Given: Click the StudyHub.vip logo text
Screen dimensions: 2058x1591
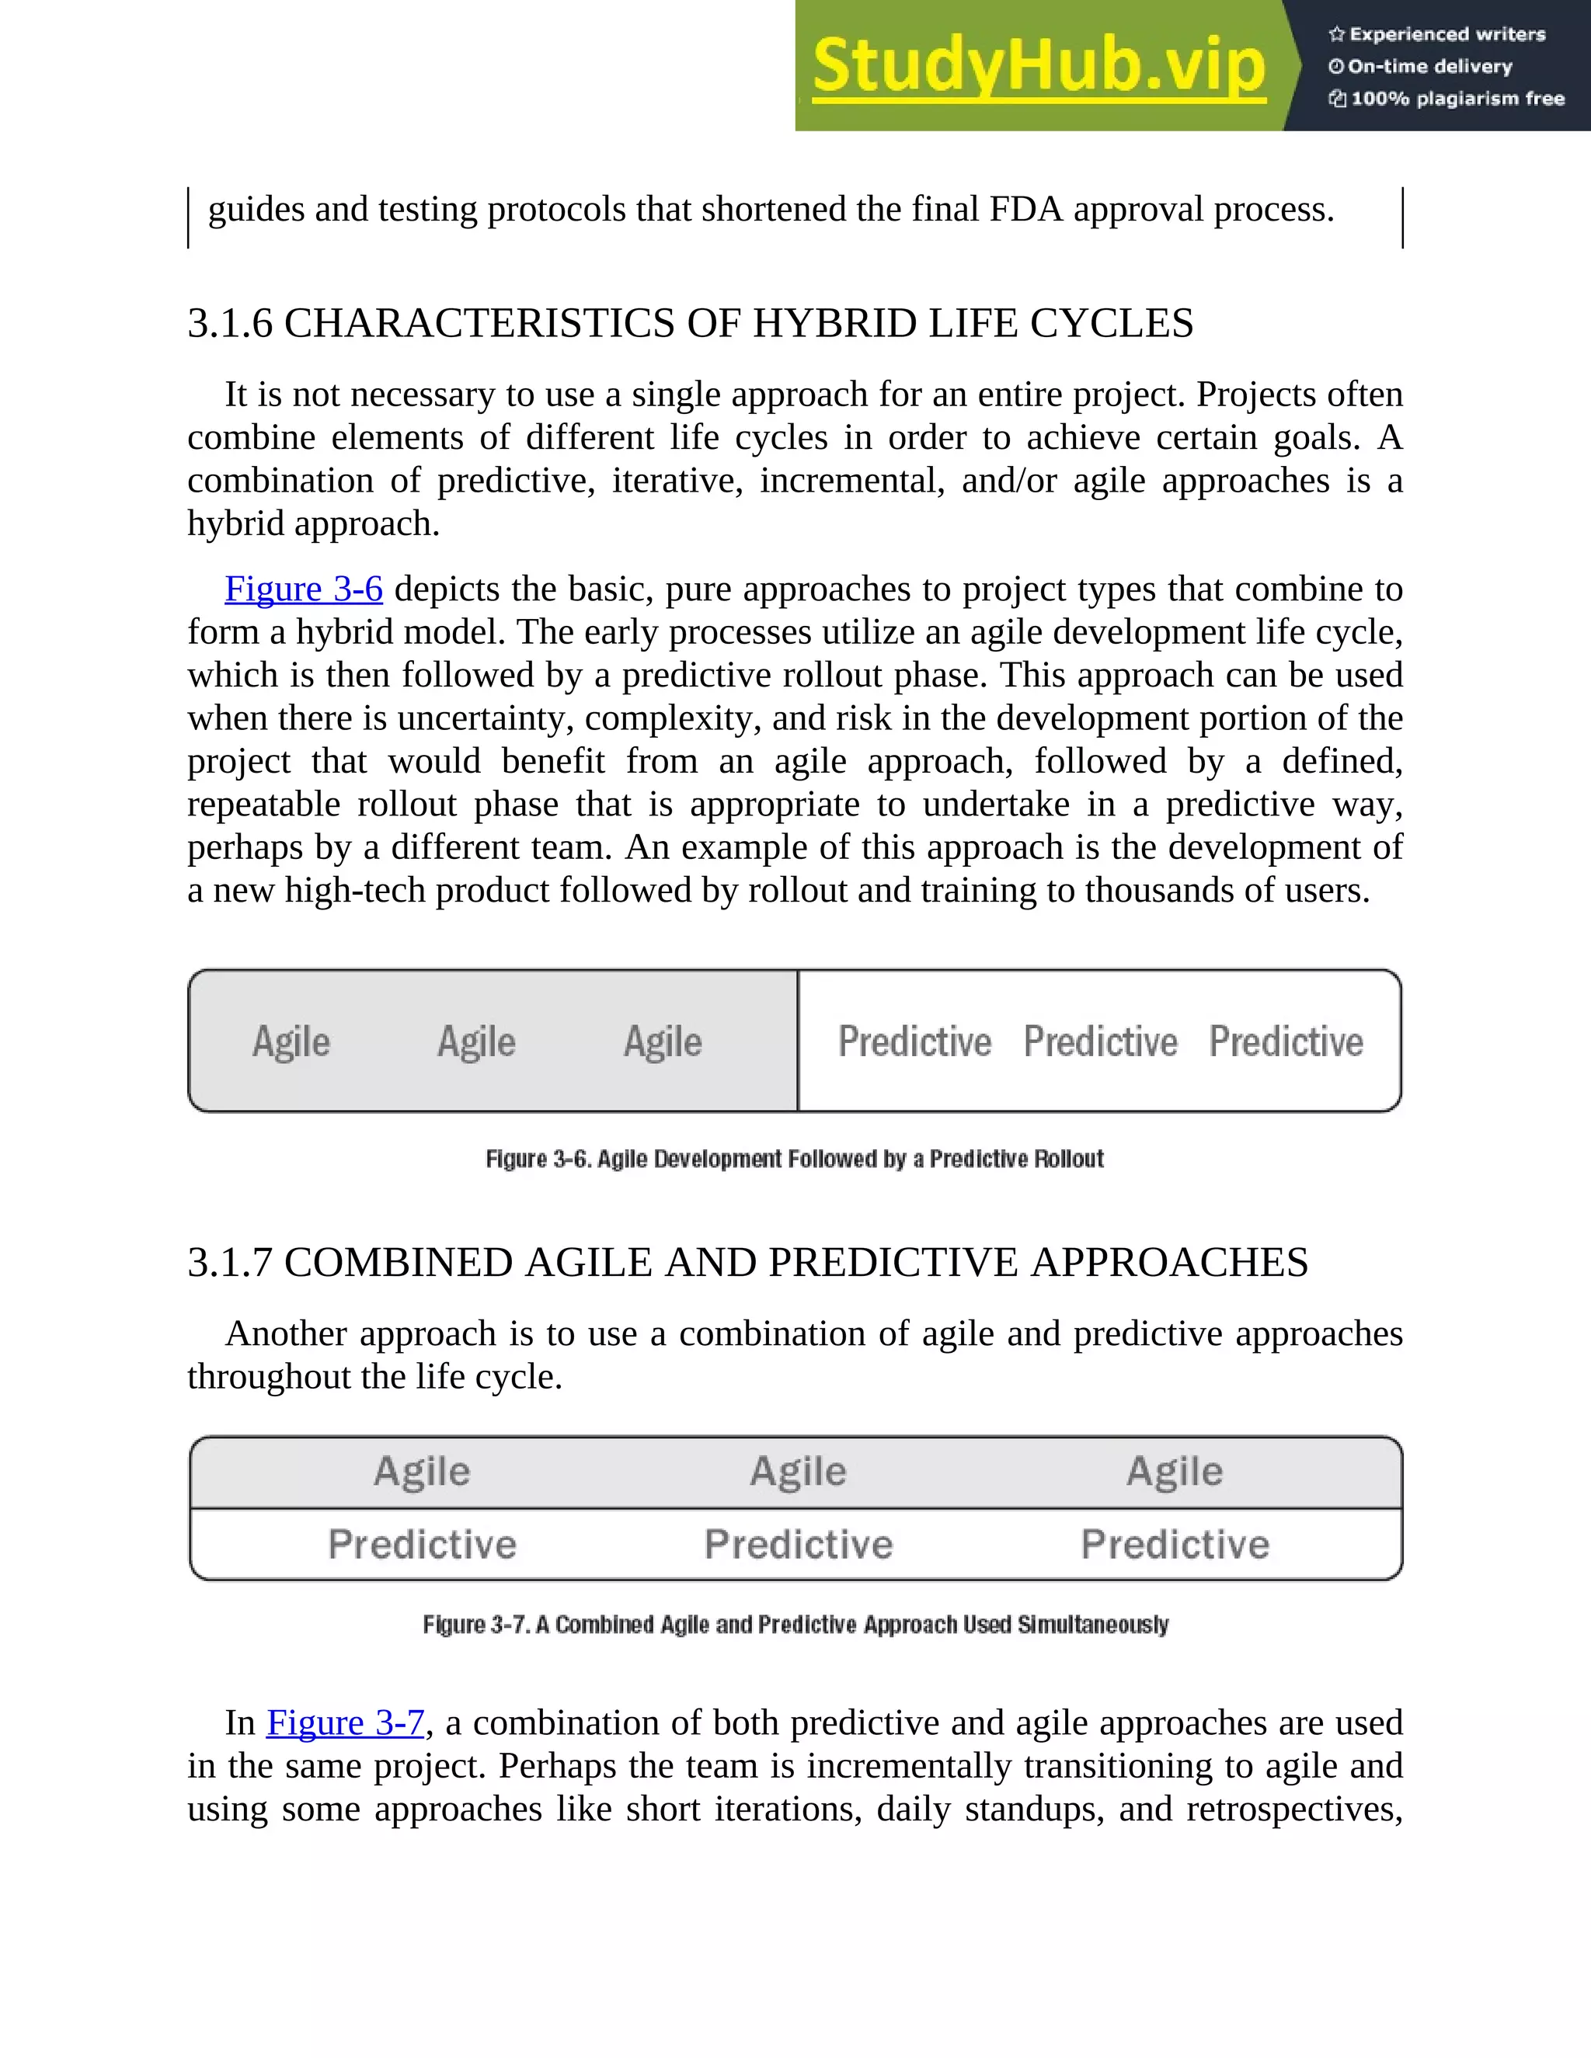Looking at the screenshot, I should click(x=1038, y=66).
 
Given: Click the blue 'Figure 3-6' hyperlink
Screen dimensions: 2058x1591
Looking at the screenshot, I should click(x=304, y=589).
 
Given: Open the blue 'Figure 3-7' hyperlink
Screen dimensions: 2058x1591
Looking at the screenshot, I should click(x=345, y=1723).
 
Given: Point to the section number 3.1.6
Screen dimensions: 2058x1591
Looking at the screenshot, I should click(x=230, y=323).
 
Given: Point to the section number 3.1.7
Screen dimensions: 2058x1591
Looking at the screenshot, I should click(x=230, y=1263).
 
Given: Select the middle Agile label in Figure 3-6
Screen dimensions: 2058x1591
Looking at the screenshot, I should click(x=476, y=1041).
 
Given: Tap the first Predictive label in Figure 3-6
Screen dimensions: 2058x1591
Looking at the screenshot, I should click(x=914, y=1041).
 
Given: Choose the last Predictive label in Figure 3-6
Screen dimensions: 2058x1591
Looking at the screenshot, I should click(x=1286, y=1041).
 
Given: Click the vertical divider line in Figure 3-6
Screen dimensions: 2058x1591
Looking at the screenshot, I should click(x=799, y=1041).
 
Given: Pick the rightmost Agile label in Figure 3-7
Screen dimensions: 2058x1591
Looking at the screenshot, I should click(x=1175, y=1471).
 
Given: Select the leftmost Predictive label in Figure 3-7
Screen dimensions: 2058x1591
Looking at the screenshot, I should click(x=423, y=1545).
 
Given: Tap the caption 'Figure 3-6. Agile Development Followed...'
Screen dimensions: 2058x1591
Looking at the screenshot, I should click(x=795, y=1159).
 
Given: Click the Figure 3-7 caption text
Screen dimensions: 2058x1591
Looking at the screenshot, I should click(x=795, y=1625).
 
